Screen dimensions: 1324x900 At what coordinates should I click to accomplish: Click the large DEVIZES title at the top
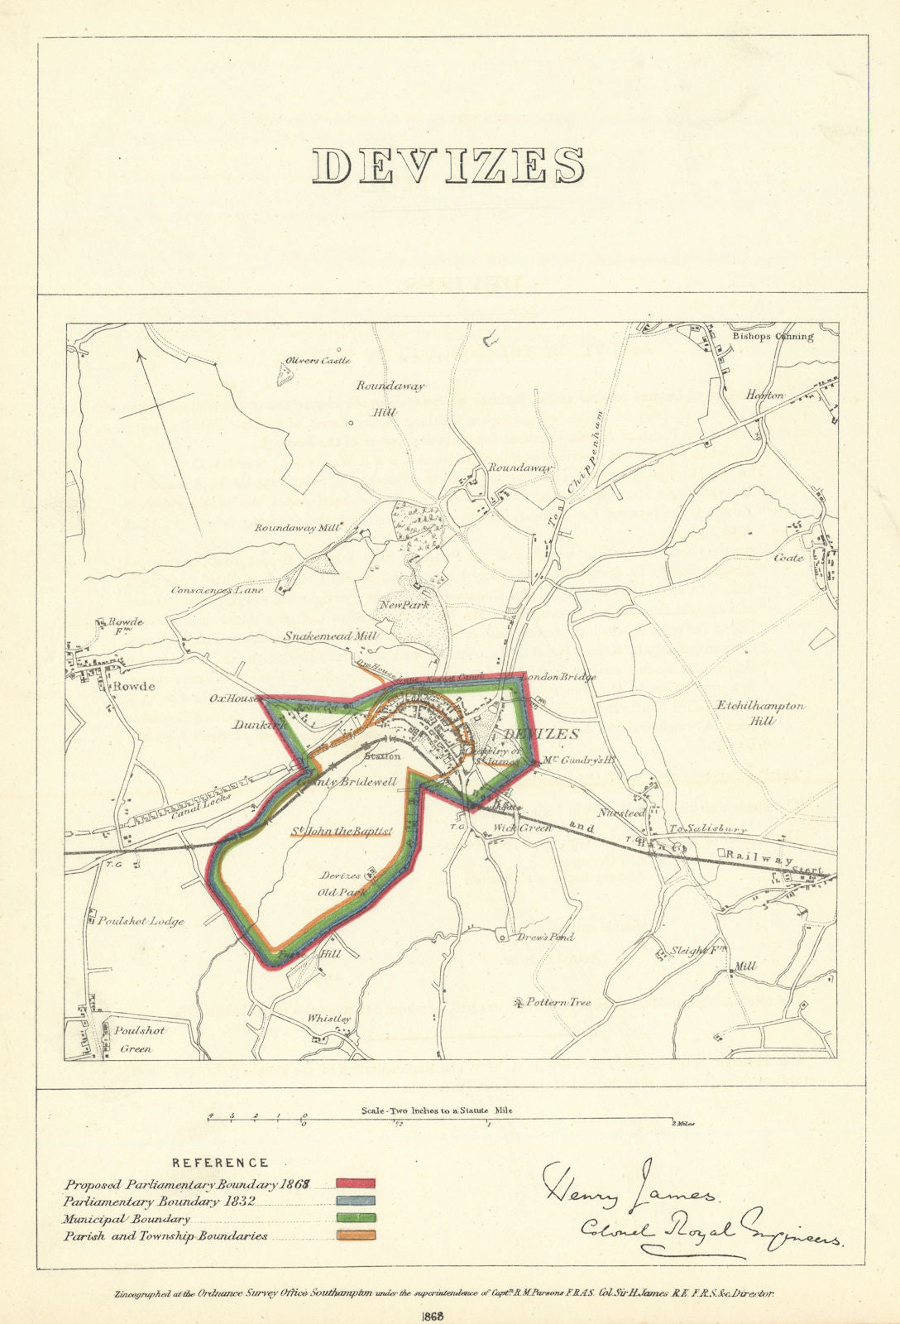click(449, 165)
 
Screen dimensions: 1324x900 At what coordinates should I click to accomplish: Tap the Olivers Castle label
click(318, 361)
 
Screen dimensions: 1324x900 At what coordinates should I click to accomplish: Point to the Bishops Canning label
click(772, 337)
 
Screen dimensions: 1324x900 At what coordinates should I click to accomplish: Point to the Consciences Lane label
click(217, 591)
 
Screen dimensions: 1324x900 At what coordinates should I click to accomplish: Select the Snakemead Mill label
click(330, 637)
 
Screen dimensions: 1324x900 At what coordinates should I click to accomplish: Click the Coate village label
click(788, 558)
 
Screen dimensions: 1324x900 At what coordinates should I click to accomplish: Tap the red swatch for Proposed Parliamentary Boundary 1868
click(356, 1184)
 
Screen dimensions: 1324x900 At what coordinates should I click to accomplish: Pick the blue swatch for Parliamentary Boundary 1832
click(356, 1202)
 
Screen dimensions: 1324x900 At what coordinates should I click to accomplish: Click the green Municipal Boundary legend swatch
click(356, 1219)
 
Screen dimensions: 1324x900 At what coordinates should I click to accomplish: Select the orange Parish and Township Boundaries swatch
click(356, 1236)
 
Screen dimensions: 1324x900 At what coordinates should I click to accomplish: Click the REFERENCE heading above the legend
click(220, 1163)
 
